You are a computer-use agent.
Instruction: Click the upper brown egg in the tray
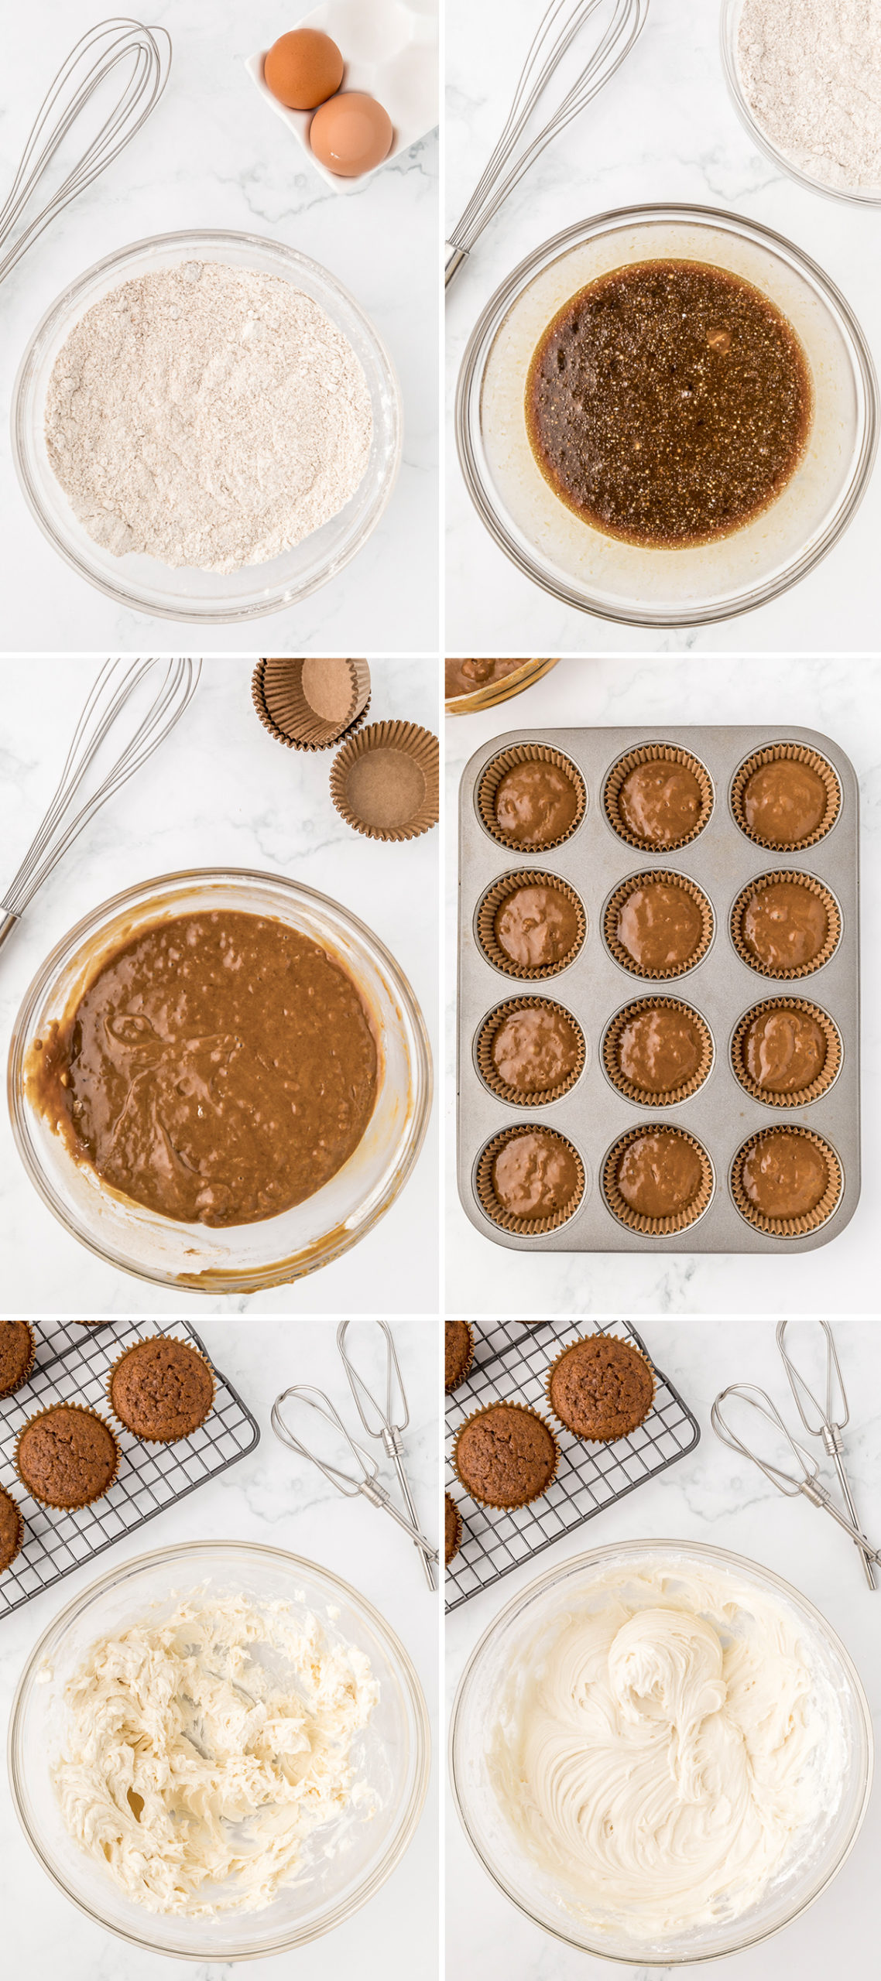coord(303,68)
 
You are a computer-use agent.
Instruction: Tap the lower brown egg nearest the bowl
coord(351,133)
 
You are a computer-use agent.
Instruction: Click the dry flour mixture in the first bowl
coord(207,416)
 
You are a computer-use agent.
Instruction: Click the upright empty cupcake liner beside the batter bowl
coord(384,780)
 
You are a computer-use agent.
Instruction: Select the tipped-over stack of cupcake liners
coord(311,701)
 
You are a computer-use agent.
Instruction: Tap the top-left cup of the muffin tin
coord(531,797)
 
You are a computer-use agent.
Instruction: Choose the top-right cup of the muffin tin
coord(786,797)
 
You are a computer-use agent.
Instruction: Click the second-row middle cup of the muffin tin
coord(658,924)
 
